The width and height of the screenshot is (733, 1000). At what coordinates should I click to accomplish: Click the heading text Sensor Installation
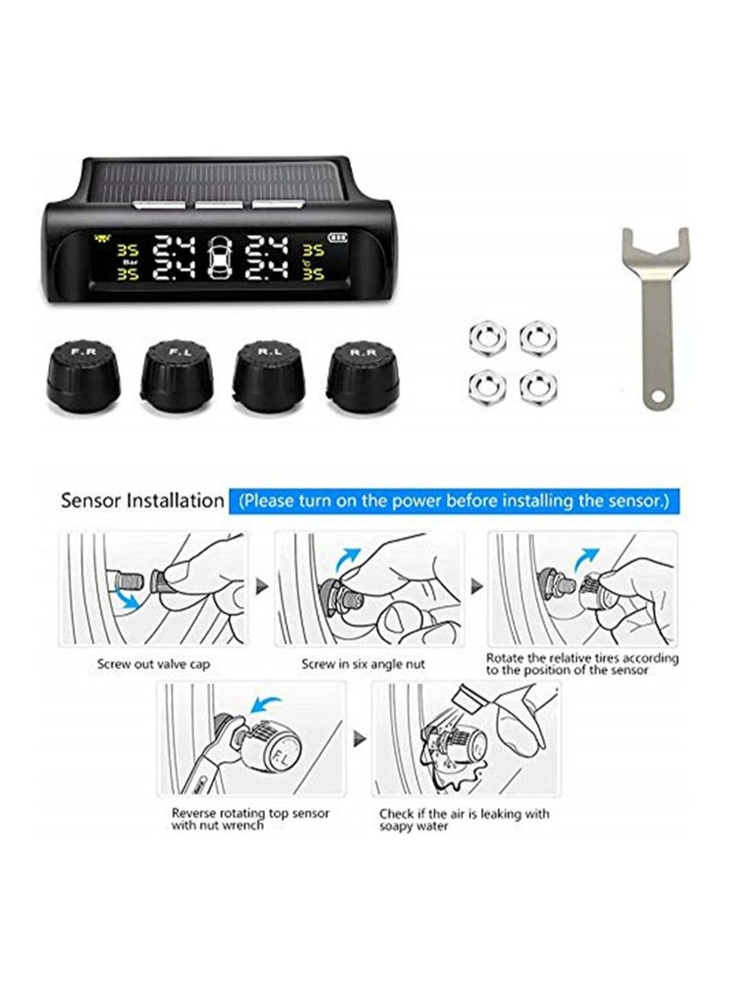(141, 501)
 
